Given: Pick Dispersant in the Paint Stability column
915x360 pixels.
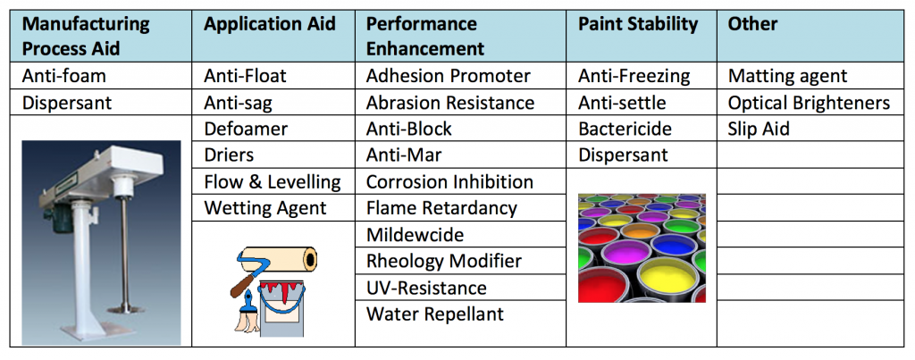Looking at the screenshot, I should [x=623, y=155].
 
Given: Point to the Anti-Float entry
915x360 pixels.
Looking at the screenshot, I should [x=246, y=76].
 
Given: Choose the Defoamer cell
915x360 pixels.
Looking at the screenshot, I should [x=246, y=129].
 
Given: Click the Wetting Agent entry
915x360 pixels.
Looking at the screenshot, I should [x=265, y=208].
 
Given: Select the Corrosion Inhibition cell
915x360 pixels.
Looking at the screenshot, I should [x=449, y=182].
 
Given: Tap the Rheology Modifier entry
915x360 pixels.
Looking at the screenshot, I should [x=445, y=262].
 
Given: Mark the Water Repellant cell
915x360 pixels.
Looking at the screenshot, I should [x=435, y=314].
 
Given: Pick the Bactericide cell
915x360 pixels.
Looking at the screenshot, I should [x=625, y=129].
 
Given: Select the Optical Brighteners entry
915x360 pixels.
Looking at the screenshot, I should [x=809, y=103].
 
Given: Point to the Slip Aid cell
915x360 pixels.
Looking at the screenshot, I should [x=759, y=129].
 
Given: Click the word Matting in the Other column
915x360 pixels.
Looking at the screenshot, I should [x=760, y=76].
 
